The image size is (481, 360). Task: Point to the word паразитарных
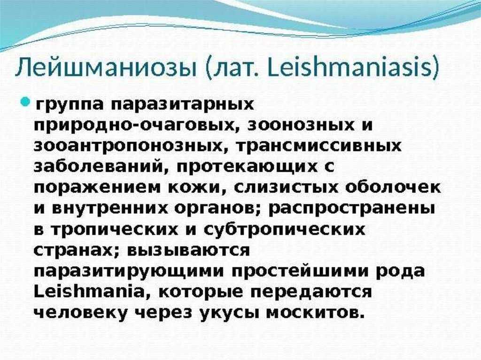point(182,105)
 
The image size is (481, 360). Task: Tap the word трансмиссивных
point(318,146)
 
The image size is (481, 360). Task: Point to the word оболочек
point(393,188)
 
